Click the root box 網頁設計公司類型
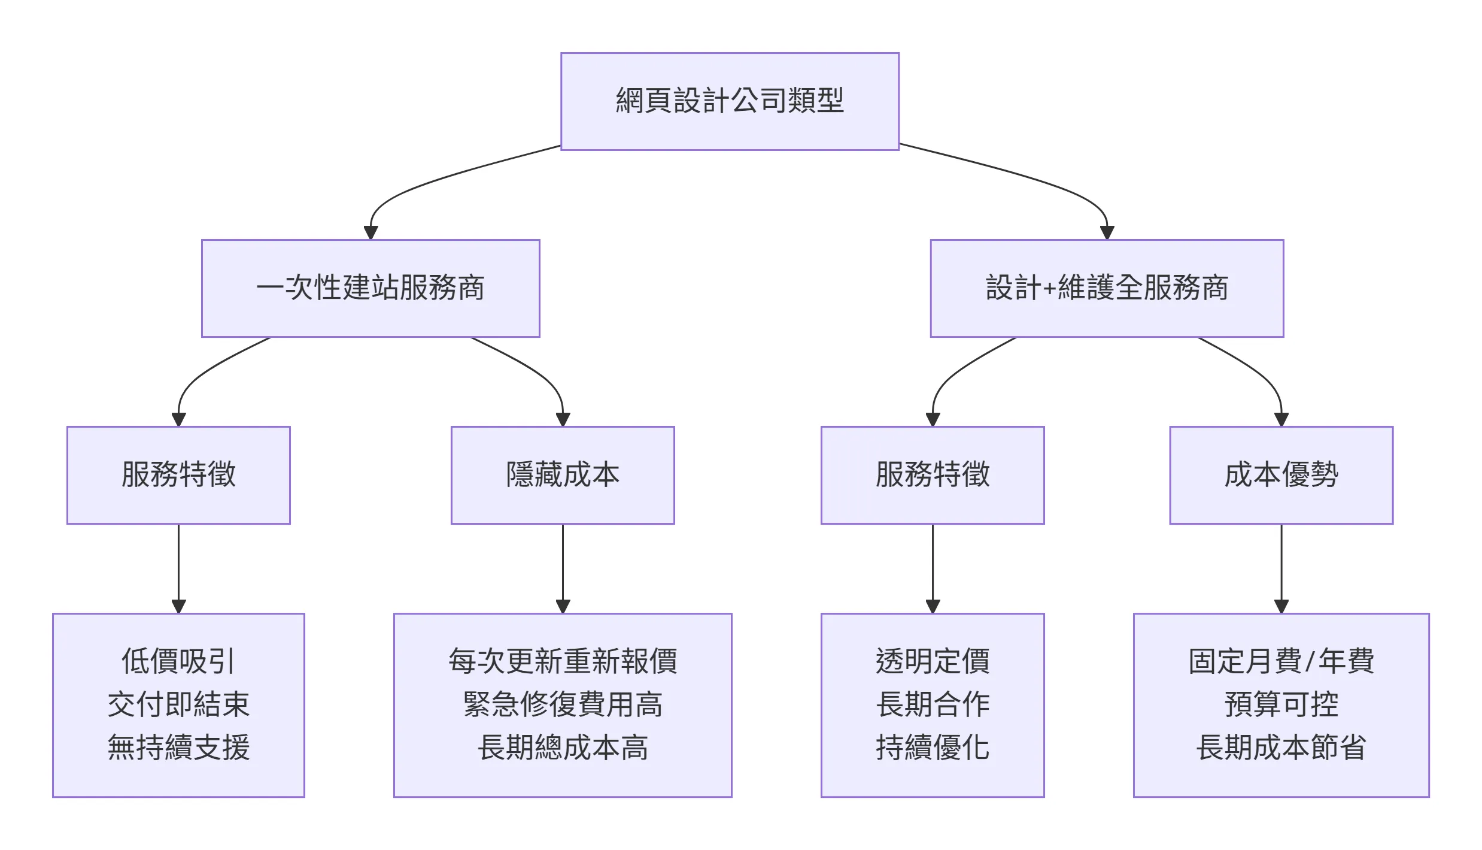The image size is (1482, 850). tap(730, 101)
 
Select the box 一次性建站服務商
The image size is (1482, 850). tap(370, 288)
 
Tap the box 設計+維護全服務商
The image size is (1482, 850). tap(1107, 288)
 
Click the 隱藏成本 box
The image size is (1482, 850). tap(563, 475)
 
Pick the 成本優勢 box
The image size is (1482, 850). tap(1281, 475)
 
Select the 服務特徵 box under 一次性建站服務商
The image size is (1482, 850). tap(178, 475)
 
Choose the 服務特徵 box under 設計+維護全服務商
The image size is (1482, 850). tap(933, 475)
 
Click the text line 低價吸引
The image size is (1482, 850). tap(178, 661)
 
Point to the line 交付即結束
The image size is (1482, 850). tap(178, 704)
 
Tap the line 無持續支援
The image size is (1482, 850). tap(178, 748)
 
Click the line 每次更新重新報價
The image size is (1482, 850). tap(563, 661)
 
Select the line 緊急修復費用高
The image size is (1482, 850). tap(563, 704)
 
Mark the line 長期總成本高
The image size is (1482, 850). tap(563, 748)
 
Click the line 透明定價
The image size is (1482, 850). tap(933, 661)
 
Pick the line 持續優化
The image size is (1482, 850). tap(933, 748)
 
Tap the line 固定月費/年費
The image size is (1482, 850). tap(1281, 661)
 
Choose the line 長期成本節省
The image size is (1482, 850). tap(1281, 748)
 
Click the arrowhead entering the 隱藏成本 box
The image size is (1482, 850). tap(563, 419)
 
